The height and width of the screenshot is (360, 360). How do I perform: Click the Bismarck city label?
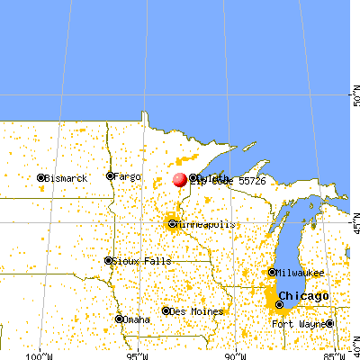click(67, 178)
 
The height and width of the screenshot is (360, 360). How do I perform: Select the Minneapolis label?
click(206, 223)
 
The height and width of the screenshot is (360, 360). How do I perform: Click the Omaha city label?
click(138, 319)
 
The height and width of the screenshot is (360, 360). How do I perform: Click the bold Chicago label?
click(303, 296)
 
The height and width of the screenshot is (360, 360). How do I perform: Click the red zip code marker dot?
click(181, 180)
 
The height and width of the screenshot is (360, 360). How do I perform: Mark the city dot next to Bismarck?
click(41, 178)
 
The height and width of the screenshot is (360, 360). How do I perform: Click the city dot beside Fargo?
click(110, 176)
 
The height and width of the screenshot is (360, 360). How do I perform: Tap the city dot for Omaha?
click(120, 319)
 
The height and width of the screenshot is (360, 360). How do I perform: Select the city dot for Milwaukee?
click(273, 272)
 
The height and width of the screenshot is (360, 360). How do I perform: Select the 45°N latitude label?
click(353, 217)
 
